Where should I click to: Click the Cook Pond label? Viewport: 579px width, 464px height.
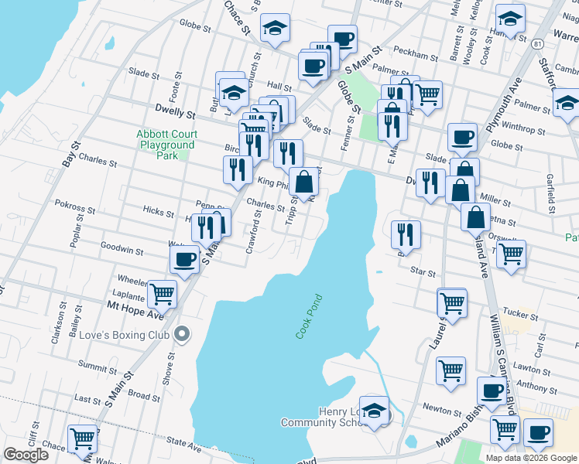(308, 316)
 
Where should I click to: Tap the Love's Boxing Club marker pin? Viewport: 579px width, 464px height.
(182, 334)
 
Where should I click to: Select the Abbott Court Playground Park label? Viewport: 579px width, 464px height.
(166, 145)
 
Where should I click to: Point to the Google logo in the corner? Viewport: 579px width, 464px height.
(26, 455)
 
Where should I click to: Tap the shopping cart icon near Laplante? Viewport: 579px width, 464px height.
(162, 293)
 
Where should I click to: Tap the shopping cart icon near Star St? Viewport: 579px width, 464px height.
(511, 252)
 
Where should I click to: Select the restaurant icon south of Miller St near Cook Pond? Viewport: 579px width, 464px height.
(406, 233)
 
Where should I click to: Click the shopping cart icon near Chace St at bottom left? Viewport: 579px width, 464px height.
(82, 438)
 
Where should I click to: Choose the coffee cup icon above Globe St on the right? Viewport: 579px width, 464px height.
(462, 137)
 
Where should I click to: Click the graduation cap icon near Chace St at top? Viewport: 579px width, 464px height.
(275, 28)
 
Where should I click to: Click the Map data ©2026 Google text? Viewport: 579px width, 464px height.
(531, 458)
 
